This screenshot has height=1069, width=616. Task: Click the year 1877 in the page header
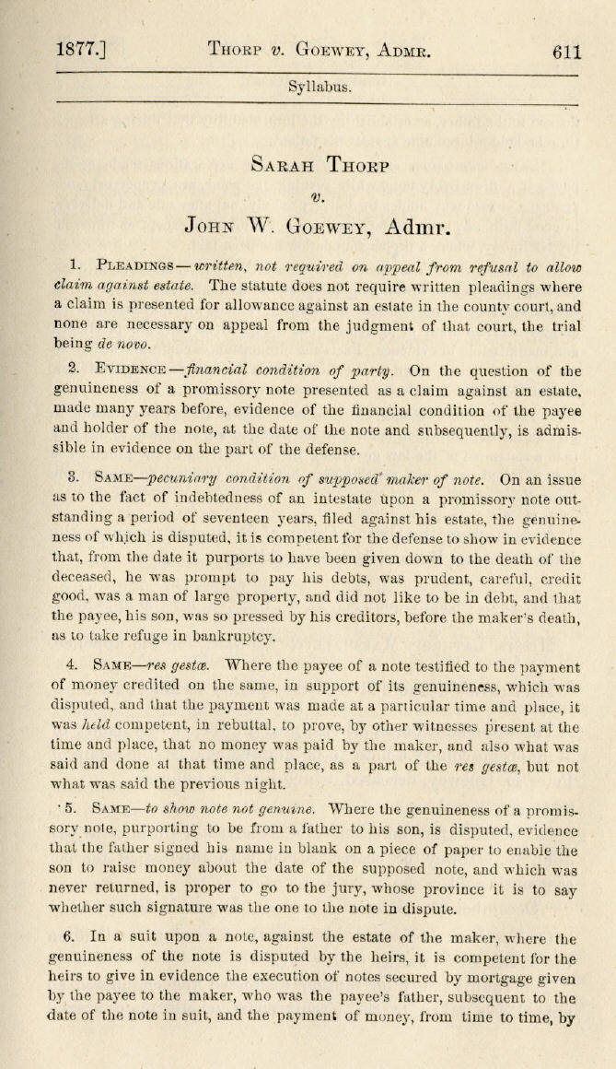tap(78, 51)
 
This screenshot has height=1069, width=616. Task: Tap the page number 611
tap(567, 51)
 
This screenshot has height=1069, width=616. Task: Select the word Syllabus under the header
tap(319, 88)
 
